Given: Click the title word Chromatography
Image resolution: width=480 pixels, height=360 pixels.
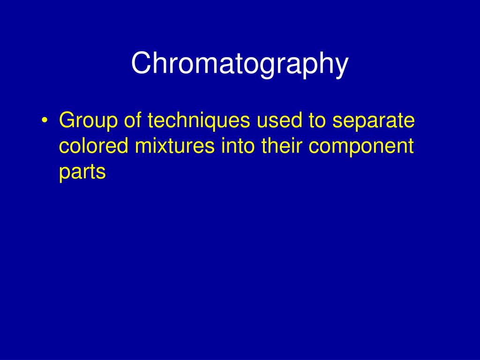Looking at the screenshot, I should pos(240,64).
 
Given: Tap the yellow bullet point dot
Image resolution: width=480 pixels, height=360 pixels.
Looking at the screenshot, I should pos(44,122).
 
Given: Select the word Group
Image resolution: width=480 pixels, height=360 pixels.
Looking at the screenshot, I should pos(88,121).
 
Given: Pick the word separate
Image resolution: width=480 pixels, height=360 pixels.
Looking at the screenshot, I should pos(374,122).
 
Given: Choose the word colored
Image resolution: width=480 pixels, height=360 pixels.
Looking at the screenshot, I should pos(93,146).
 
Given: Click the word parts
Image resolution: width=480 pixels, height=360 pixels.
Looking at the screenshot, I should pos(82,172).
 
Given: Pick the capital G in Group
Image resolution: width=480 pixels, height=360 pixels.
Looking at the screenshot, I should pos(67,121).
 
